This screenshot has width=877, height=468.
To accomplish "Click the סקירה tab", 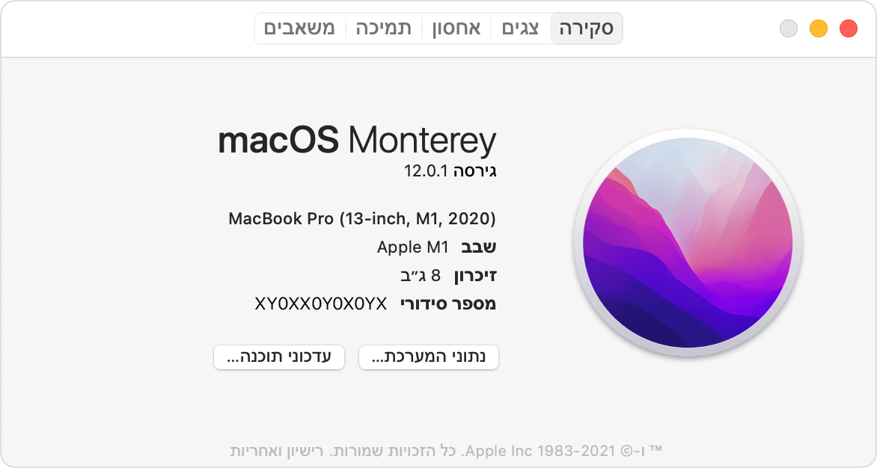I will click(x=587, y=29).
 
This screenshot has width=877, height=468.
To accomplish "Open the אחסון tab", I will click(x=456, y=29).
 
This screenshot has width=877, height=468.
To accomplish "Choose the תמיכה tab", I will click(x=383, y=29).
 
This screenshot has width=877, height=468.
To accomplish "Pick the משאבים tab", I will click(x=299, y=29).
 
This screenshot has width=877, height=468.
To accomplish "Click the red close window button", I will click(x=848, y=29).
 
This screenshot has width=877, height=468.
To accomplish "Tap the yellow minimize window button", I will click(x=819, y=29).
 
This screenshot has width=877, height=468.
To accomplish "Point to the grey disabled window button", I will click(x=789, y=29).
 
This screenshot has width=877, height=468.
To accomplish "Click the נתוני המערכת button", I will click(x=429, y=357).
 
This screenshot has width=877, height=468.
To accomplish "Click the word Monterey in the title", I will click(x=423, y=141).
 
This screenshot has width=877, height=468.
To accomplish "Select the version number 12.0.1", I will click(x=426, y=171).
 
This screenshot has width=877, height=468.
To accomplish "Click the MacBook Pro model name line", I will click(x=362, y=219).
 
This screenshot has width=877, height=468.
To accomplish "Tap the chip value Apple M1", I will click(x=412, y=247).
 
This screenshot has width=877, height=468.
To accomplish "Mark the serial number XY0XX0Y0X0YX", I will click(x=321, y=304).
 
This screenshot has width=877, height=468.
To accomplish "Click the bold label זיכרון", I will click(x=475, y=276).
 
